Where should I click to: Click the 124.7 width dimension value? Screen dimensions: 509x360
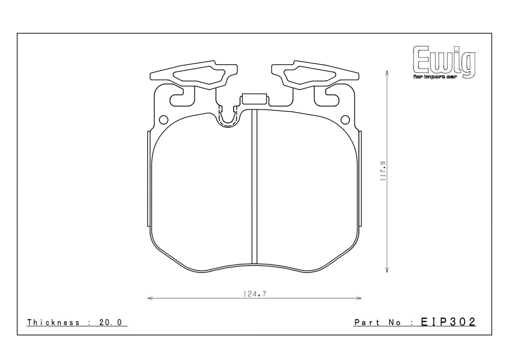click(x=254, y=294)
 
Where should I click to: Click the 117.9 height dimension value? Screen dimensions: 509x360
click(x=383, y=171)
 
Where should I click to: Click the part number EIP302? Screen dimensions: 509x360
click(x=448, y=322)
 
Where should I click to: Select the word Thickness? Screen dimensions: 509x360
click(x=53, y=322)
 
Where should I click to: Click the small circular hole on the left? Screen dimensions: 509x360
click(x=164, y=120)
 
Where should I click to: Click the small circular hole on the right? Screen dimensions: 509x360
click(x=345, y=120)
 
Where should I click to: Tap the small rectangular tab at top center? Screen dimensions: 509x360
click(x=254, y=99)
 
